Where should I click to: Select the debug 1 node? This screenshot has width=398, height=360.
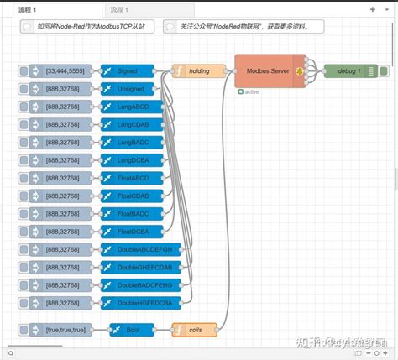pyautogui.click(x=348, y=71)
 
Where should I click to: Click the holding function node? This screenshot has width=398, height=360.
pyautogui.click(x=199, y=71)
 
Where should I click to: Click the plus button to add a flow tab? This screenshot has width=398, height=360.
pyautogui.click(x=372, y=8)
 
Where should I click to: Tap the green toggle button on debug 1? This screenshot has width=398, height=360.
pyautogui.click(x=382, y=71)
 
